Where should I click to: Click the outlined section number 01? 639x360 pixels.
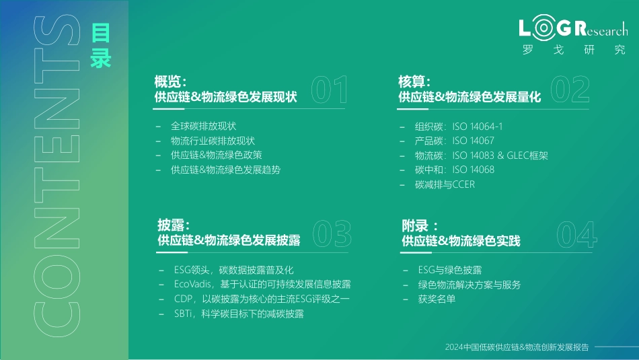[330, 89]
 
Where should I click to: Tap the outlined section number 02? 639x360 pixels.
[570, 89]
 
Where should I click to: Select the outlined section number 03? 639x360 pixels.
[332, 233]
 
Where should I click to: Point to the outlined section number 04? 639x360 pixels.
[576, 234]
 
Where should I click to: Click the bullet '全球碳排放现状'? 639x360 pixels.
[203, 126]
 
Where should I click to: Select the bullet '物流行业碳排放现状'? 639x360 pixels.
[213, 141]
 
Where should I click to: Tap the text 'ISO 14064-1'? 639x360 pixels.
[477, 127]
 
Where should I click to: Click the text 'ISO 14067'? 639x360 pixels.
[473, 141]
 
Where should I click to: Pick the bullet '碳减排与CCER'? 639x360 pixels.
[445, 184]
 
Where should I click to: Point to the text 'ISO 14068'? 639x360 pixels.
[473, 170]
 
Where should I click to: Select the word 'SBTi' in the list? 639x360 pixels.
[182, 314]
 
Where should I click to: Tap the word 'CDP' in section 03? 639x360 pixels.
[182, 299]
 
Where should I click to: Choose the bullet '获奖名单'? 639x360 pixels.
[437, 299]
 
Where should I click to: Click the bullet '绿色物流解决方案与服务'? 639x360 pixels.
[469, 285]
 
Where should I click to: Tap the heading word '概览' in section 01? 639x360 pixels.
[167, 81]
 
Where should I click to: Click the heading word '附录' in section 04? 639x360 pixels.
[415, 225]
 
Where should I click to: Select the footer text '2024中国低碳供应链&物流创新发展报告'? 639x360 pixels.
[517, 347]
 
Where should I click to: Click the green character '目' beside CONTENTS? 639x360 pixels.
[101, 33]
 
